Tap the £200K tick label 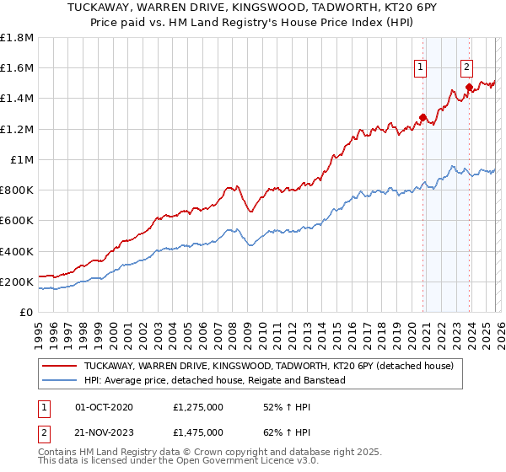coord(17,282)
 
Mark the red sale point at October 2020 coord(423,117)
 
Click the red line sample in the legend coord(60,366)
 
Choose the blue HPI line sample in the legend coord(60,380)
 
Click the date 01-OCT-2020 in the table coord(110,407)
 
